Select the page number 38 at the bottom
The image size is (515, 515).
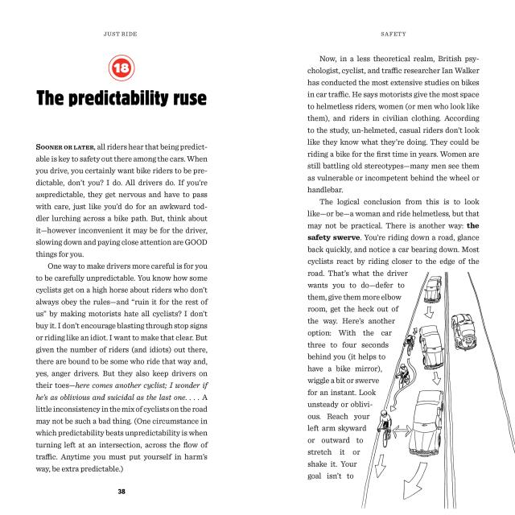pos(120,490)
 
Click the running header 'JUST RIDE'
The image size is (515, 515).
pos(120,35)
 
